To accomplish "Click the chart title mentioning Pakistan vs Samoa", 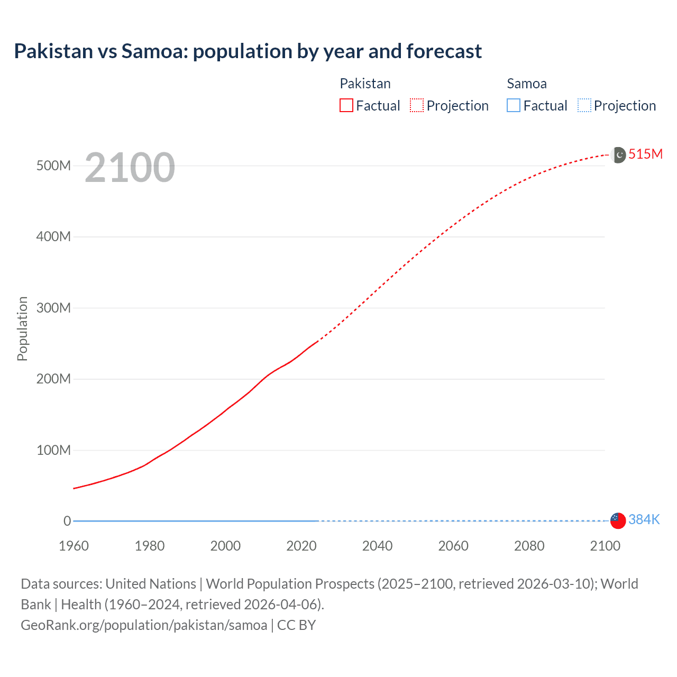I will pyautogui.click(x=248, y=51).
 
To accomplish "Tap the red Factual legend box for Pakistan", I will pyautogui.click(x=346, y=106).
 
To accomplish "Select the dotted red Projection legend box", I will pyautogui.click(x=417, y=106).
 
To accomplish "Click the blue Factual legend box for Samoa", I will pyautogui.click(x=513, y=106).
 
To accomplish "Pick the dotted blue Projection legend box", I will pyautogui.click(x=584, y=106).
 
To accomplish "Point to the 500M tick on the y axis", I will pyautogui.click(x=53, y=166).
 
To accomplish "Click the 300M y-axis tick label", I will pyautogui.click(x=53, y=308).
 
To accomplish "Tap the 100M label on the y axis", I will pyautogui.click(x=53, y=450).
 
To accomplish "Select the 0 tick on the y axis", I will pyautogui.click(x=67, y=521).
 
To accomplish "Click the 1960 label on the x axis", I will pyautogui.click(x=74, y=546).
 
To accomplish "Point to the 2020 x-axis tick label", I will pyautogui.click(x=301, y=546).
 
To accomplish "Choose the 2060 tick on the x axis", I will pyautogui.click(x=453, y=546).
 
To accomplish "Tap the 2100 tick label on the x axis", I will pyautogui.click(x=605, y=546).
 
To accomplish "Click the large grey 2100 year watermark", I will pyautogui.click(x=130, y=168).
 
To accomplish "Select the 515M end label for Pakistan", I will pyautogui.click(x=645, y=154).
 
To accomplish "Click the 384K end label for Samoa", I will pyautogui.click(x=644, y=520).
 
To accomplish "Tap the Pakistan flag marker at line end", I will pyautogui.click(x=618, y=155).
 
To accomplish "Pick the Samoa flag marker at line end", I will pyautogui.click(x=618, y=520).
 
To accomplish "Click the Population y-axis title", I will pyautogui.click(x=22, y=328).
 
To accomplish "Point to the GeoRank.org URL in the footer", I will pyautogui.click(x=144, y=625).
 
